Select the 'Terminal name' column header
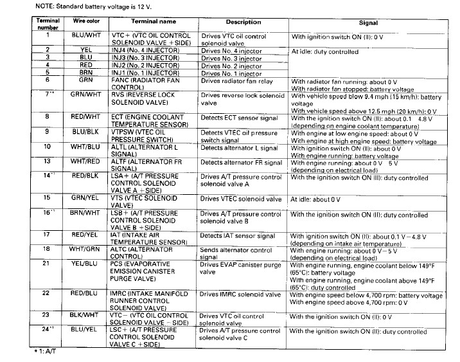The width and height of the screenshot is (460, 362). (149, 22)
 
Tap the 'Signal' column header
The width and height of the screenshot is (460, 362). (367, 23)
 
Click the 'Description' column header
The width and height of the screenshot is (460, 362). (243, 23)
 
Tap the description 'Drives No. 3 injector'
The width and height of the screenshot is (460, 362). (231, 58)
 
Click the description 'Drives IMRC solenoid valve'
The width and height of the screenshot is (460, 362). (240, 294)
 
